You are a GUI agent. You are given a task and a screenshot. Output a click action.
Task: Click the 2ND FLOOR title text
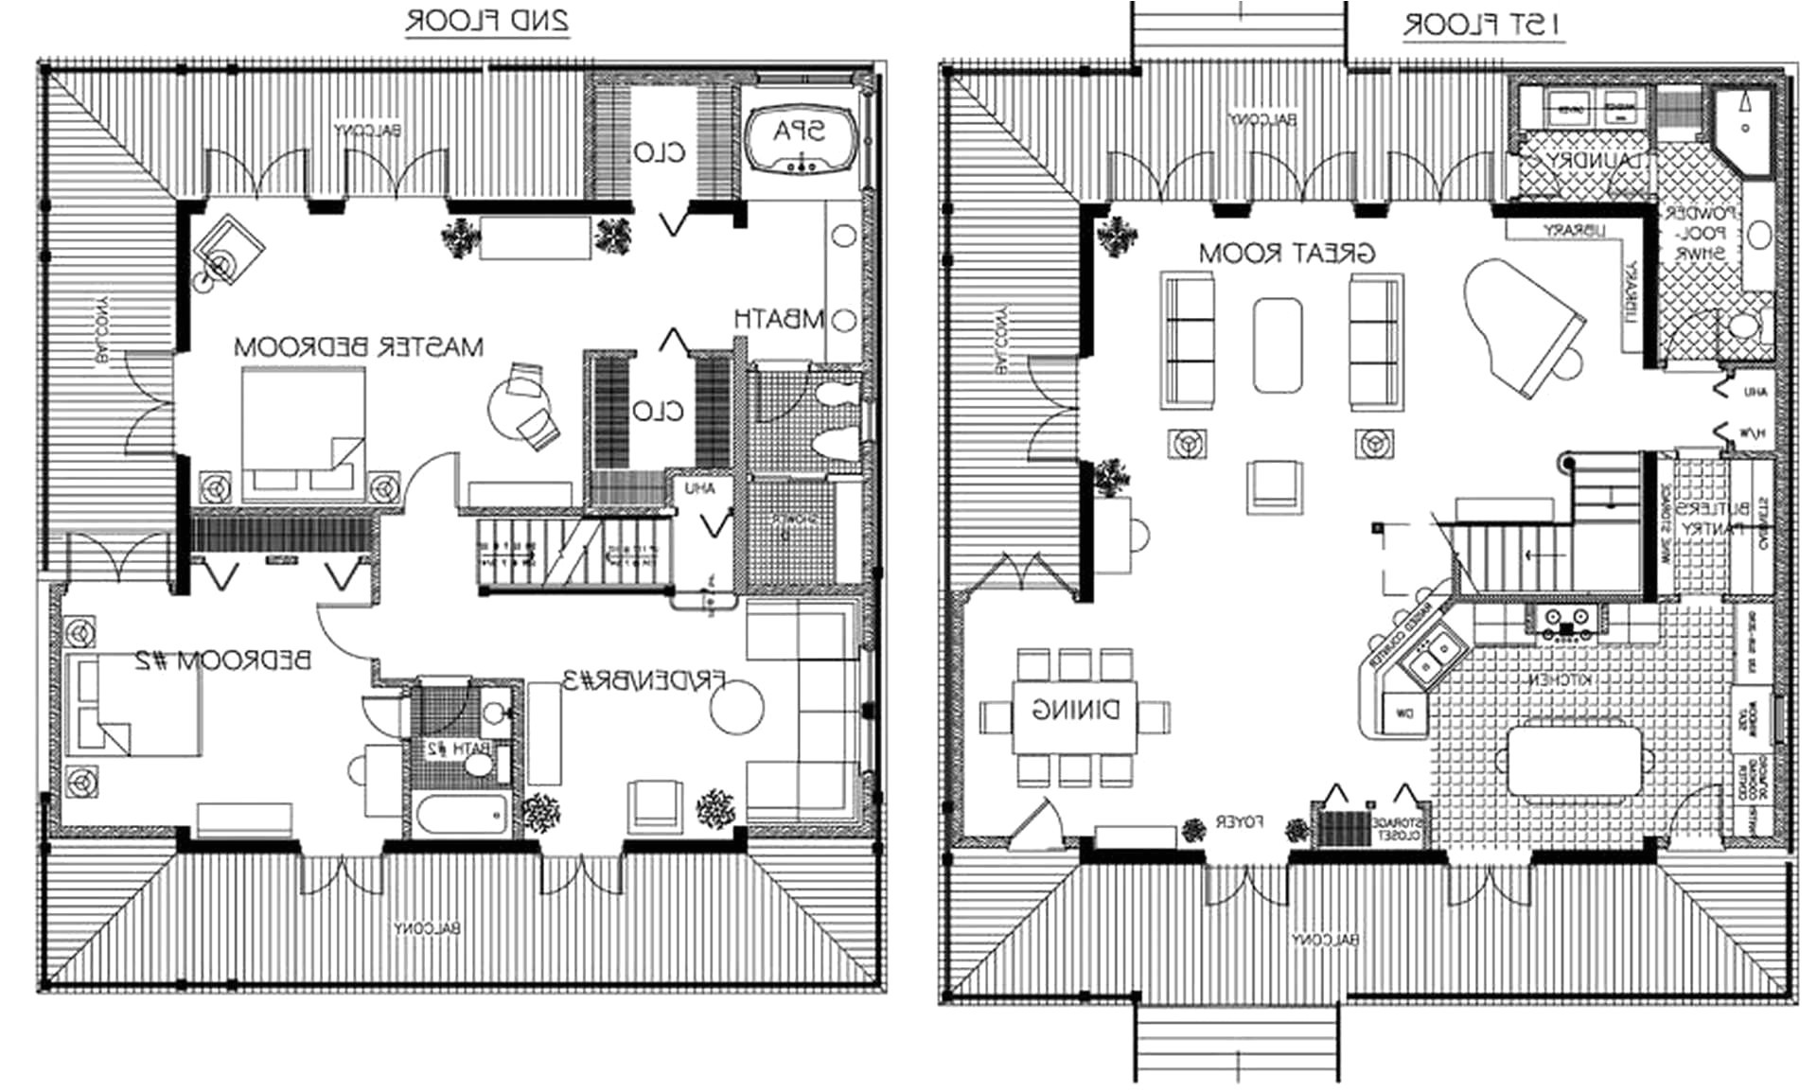[x=486, y=21]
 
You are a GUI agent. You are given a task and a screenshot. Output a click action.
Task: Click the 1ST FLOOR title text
[x=1482, y=26]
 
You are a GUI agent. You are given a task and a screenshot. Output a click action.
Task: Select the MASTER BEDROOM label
[x=359, y=347]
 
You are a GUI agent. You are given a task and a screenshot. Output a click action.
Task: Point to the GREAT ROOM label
[x=1286, y=254]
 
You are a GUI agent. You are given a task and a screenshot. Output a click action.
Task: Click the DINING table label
[x=1075, y=710]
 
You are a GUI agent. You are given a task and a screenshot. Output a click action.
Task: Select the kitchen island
[x=1575, y=760]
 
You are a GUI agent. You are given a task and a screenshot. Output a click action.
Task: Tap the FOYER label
[x=1239, y=822]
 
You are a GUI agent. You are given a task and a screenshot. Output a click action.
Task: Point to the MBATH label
[x=779, y=320]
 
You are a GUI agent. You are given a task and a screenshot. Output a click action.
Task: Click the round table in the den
[x=736, y=708]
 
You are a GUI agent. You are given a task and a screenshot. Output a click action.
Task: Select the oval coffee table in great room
[x=1278, y=345]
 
